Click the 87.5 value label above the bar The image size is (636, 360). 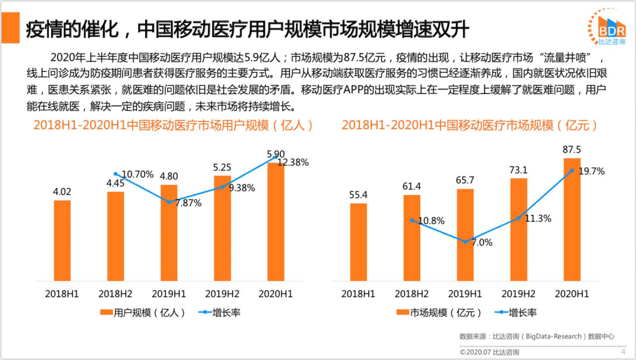point(572,150)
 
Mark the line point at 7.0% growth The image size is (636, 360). point(465,242)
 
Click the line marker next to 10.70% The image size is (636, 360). point(115,174)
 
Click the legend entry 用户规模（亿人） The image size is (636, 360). point(143,312)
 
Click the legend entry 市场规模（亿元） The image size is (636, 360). point(439,312)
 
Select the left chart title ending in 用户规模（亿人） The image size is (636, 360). point(174,125)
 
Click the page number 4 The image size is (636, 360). point(623,352)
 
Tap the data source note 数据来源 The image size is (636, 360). point(536,336)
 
